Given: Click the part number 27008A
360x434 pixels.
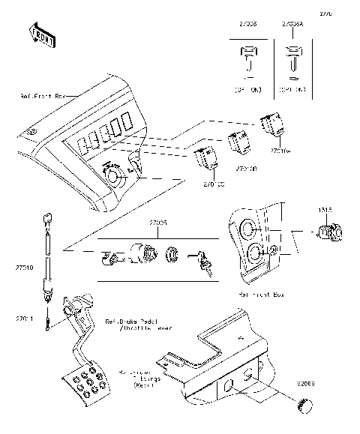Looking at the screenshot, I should click(x=293, y=24).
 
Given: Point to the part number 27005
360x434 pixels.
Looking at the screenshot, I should click(x=157, y=223).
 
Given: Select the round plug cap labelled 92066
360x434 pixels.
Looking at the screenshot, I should click(x=305, y=405).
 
